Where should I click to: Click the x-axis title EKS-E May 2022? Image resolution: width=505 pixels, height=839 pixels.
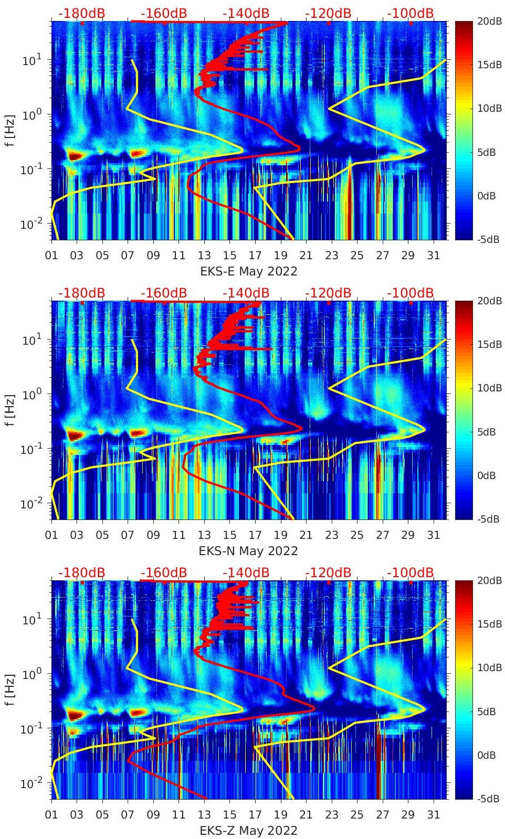coord(248,271)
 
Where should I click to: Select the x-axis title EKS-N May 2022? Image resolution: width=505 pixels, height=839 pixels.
coord(248,551)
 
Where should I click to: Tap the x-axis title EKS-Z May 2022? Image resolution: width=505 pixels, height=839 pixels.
coord(248,831)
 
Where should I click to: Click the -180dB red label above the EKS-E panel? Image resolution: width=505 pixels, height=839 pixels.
coord(81,13)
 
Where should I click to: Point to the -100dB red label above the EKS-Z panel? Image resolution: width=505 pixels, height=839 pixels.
coord(411,572)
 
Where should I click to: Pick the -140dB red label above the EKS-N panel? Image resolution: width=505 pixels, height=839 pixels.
coord(246,293)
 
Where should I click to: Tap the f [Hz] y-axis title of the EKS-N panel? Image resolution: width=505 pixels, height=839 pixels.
coord(10,410)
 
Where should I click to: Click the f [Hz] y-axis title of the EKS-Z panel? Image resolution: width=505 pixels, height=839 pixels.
coord(10,690)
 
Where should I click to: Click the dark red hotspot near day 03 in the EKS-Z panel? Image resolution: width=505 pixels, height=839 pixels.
coord(76,715)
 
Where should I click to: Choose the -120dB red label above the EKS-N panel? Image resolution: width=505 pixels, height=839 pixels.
coord(328,293)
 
